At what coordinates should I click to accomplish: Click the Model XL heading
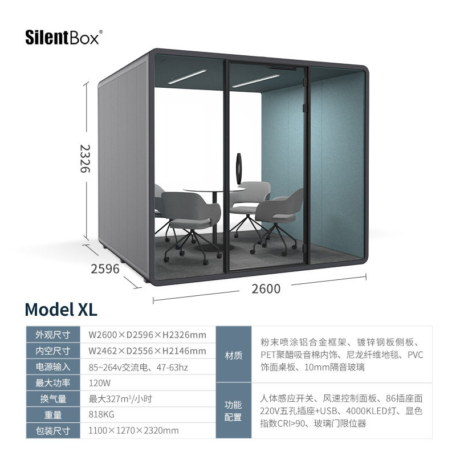click(x=61, y=309)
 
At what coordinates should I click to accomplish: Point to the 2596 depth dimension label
click(x=105, y=268)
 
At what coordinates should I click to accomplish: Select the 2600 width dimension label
click(x=266, y=288)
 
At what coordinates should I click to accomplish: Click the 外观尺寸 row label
click(x=52, y=335)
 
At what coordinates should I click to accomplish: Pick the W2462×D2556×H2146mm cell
click(x=146, y=351)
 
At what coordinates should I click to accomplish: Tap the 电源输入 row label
click(x=52, y=367)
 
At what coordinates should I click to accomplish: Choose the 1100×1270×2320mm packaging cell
click(x=133, y=430)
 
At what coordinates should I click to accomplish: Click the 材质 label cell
click(x=234, y=355)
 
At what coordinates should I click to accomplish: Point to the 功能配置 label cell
click(x=234, y=411)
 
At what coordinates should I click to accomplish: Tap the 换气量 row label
click(x=52, y=398)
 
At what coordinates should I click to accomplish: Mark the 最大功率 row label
click(x=52, y=382)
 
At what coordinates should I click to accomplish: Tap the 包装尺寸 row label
click(x=52, y=430)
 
